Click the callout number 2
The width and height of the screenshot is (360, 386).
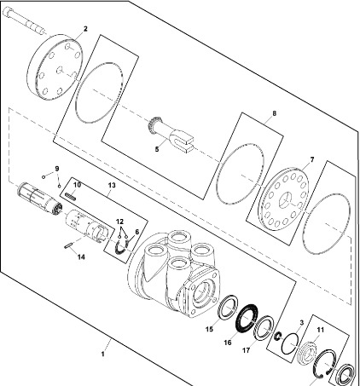click(85, 29)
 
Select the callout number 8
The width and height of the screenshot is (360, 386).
click(274, 113)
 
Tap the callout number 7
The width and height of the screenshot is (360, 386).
click(312, 159)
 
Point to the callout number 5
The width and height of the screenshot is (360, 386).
click(157, 149)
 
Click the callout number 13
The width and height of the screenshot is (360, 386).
click(112, 185)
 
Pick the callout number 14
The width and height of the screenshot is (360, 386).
click(81, 257)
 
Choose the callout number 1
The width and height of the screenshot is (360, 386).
click(102, 354)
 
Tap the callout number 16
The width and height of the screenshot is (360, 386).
click(228, 343)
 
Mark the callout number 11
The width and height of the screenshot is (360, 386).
click(321, 330)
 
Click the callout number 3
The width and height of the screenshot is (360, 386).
click(302, 323)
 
